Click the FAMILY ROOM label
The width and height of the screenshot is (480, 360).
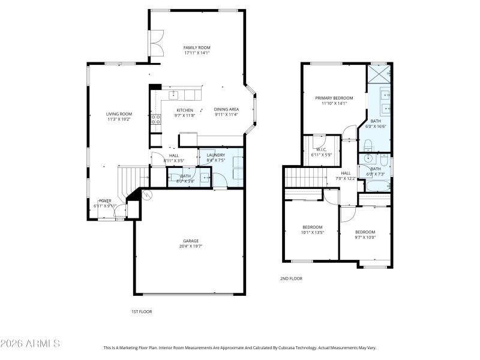[x=197, y=47]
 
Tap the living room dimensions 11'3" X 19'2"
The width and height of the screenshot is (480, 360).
[x=119, y=119]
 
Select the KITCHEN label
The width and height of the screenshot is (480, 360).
[x=185, y=110]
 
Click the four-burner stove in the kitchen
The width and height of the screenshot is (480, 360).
[x=155, y=119]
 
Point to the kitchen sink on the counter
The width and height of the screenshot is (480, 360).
[x=174, y=95]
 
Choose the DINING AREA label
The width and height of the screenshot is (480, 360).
[x=226, y=109]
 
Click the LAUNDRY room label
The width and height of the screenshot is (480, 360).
[x=215, y=155]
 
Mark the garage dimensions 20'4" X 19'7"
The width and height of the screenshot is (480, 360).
[x=191, y=246]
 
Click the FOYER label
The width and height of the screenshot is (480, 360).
[x=105, y=200]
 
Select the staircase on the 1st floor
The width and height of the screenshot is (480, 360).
[x=132, y=178]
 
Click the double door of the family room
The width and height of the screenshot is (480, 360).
[x=154, y=45]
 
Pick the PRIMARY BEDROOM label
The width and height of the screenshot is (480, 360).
[x=334, y=98]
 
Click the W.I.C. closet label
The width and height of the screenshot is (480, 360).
[x=320, y=149]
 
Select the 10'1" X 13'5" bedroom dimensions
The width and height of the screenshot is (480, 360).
[x=313, y=232]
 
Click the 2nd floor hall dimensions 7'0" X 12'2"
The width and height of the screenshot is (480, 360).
[x=346, y=178]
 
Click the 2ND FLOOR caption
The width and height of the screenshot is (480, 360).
[x=291, y=278]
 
